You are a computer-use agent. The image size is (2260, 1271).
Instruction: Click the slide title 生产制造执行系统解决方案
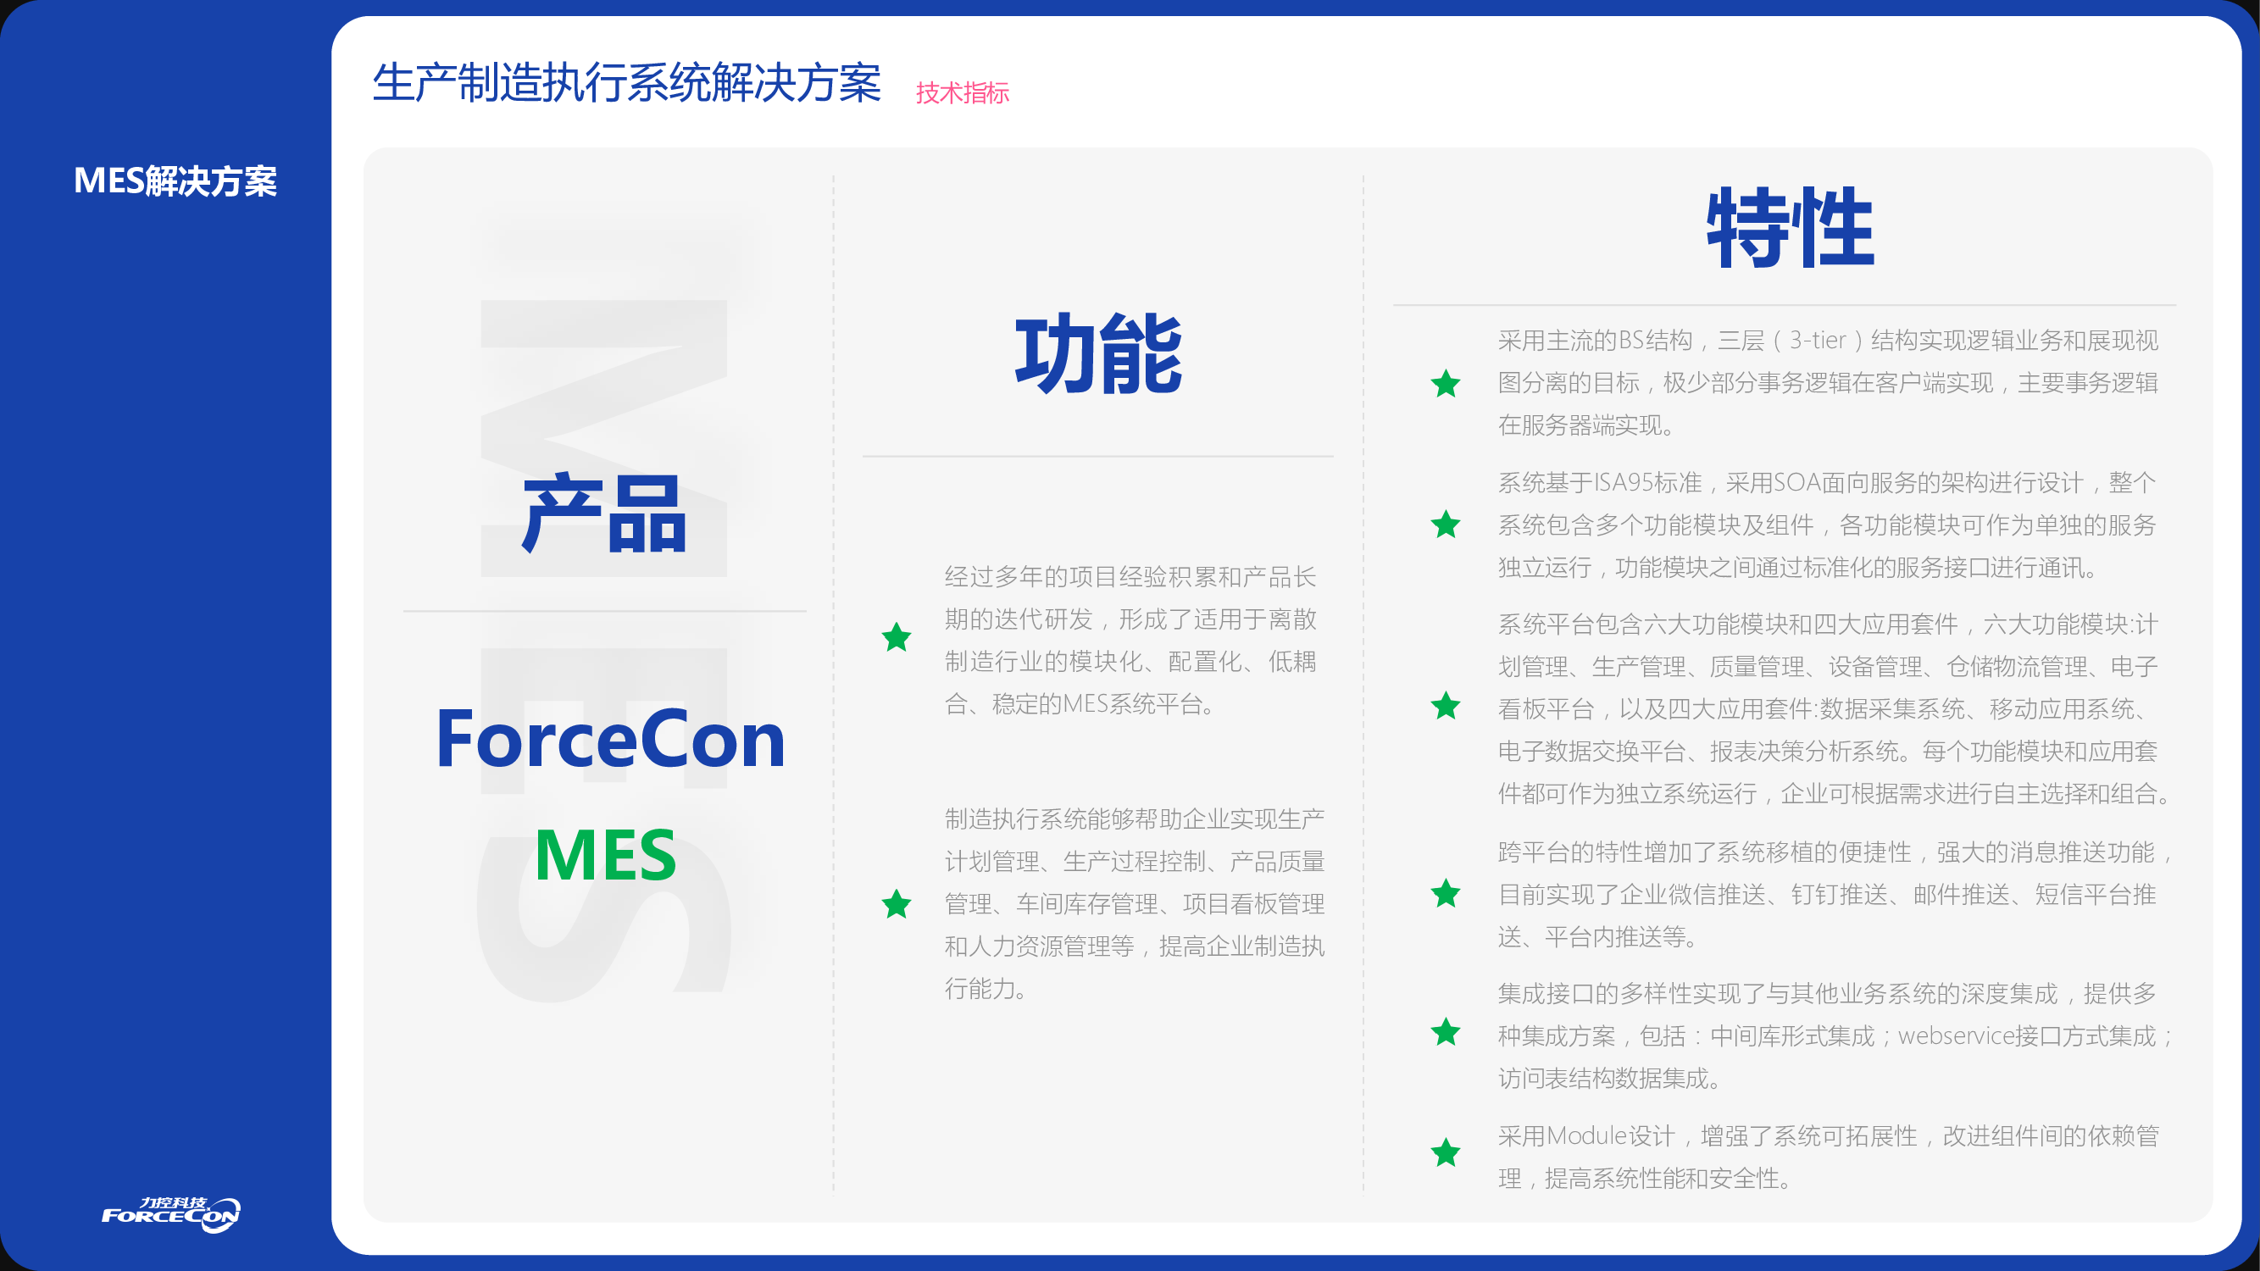click(x=626, y=83)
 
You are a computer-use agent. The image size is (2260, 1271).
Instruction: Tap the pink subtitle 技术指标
click(x=963, y=92)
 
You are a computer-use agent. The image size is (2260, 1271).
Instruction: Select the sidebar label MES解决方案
click(x=175, y=180)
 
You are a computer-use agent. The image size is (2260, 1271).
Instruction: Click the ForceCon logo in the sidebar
click(x=171, y=1214)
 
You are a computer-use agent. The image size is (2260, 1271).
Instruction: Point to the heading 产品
click(x=603, y=513)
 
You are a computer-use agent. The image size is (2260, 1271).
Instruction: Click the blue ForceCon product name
click(x=611, y=740)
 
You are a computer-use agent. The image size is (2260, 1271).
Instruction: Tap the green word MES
click(x=605, y=855)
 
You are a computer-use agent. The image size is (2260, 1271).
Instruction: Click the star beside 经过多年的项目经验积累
click(x=897, y=637)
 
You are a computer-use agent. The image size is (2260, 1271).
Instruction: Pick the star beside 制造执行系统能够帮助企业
click(x=897, y=903)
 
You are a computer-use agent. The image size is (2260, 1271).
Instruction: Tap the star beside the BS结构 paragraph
click(x=1446, y=382)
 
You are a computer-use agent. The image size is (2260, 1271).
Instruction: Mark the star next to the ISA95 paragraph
click(x=1446, y=524)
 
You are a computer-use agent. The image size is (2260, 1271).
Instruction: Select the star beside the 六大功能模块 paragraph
click(x=1446, y=705)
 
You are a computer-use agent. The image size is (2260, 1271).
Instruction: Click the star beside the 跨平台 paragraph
click(x=1446, y=893)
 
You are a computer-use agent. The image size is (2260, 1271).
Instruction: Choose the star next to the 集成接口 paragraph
click(x=1446, y=1031)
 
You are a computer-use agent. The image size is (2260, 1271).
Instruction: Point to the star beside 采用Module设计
click(x=1446, y=1152)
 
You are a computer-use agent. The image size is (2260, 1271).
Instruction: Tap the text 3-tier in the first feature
click(x=1818, y=341)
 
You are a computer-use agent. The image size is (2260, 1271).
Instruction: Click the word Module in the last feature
click(x=1587, y=1136)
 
